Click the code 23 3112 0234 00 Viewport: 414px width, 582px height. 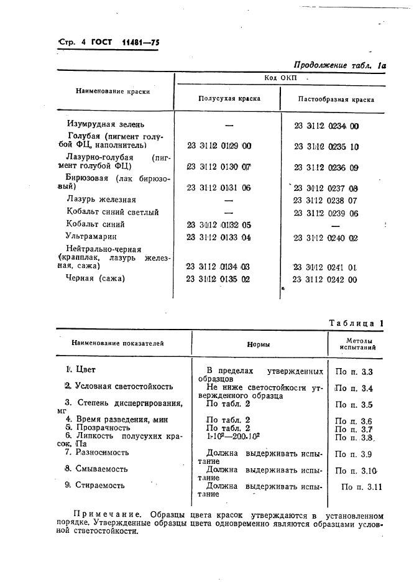coord(326,126)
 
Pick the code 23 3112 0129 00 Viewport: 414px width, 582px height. coord(219,145)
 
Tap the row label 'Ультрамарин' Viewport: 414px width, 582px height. coord(91,236)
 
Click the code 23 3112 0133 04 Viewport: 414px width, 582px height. coord(219,237)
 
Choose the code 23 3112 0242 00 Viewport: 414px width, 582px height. coord(325,279)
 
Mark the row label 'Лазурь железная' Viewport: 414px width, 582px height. coord(101,200)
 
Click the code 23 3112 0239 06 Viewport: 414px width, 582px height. coord(325,213)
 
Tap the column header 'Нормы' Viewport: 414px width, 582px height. coord(259,344)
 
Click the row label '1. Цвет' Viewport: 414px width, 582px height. coord(81,369)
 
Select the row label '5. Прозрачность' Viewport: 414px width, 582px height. coord(98,428)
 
